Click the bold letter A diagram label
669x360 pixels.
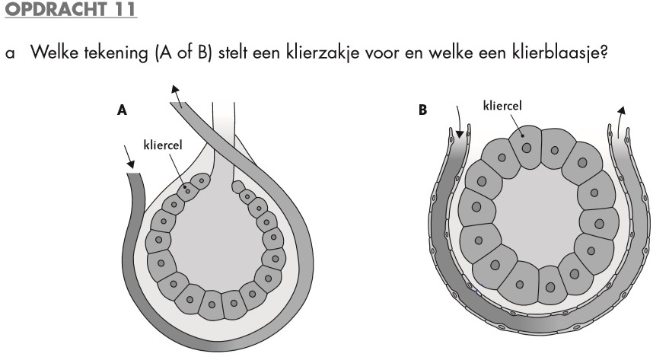coord(122,111)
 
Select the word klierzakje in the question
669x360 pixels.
coord(356,56)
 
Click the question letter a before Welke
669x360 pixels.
coord(8,57)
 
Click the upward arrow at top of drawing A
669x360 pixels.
coord(177,91)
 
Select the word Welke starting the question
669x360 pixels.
coord(49,56)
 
